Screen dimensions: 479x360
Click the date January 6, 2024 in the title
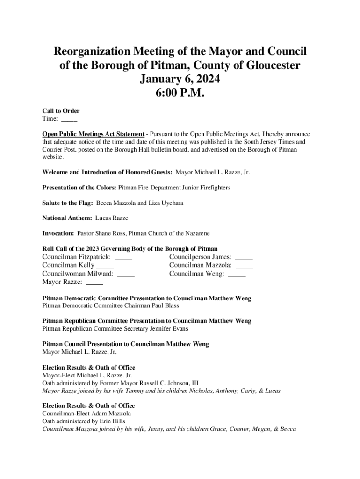(x=180, y=80)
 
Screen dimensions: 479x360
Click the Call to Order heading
(x=61, y=111)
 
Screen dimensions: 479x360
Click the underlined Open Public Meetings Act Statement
(x=94, y=134)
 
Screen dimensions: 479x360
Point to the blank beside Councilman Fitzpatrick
(x=123, y=258)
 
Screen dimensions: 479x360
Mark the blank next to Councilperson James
(x=244, y=258)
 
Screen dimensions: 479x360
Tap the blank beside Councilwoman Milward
(x=126, y=275)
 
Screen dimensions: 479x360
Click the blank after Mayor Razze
(x=94, y=283)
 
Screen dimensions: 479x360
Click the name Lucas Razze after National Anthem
(x=111, y=218)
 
